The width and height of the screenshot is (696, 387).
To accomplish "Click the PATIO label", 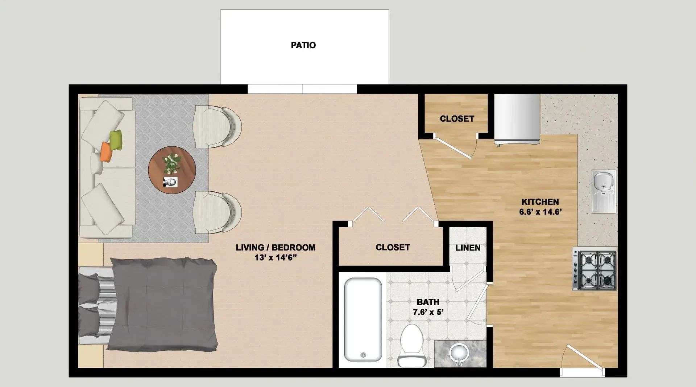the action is [x=303, y=45].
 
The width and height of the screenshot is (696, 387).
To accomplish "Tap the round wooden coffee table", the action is [x=172, y=170].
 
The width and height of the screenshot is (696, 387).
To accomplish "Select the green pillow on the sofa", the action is [x=116, y=139].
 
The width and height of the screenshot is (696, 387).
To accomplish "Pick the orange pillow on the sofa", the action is [x=106, y=151].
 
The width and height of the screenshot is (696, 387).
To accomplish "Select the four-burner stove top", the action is [x=594, y=269].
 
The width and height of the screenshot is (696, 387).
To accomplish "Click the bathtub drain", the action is [x=363, y=355].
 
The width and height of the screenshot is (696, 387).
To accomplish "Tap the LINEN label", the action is [x=468, y=248].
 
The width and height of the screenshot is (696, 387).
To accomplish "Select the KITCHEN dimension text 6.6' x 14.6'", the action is [x=540, y=212].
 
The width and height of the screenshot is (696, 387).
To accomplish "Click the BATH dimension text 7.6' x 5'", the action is [x=428, y=312].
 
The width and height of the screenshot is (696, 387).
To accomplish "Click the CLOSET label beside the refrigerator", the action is [x=457, y=119].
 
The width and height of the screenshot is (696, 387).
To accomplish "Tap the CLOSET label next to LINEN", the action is [x=393, y=247].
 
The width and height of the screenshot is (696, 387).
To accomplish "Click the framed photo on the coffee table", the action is [x=170, y=182].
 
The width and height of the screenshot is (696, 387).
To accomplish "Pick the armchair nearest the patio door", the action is [x=217, y=127].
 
